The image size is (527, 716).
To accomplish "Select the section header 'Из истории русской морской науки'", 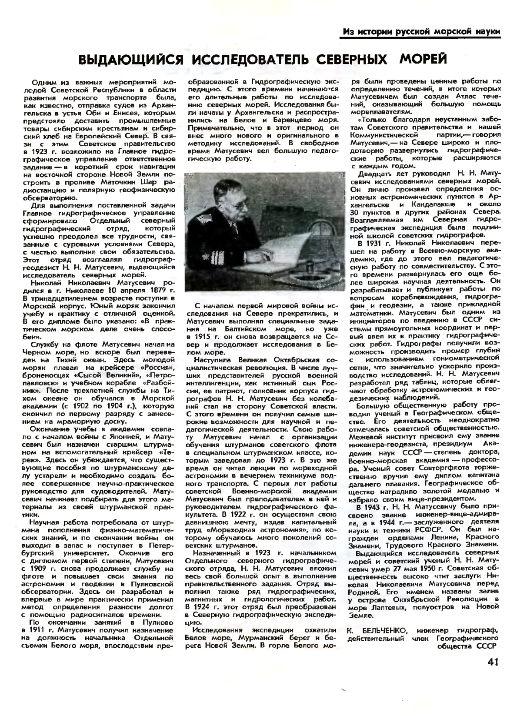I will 421,32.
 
